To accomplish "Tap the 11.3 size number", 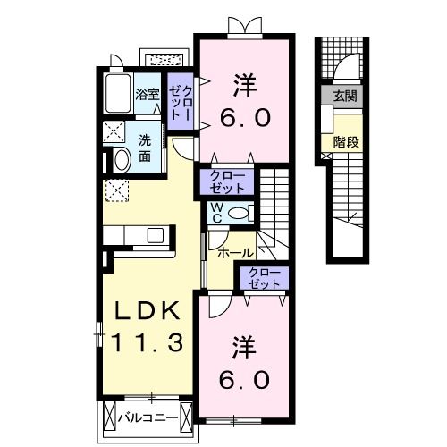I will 148,341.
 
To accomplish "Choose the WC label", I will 217,213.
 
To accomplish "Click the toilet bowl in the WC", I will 237,214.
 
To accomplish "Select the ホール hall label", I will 235,253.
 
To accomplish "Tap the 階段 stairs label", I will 346,139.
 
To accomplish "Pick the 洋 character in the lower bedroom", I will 243,344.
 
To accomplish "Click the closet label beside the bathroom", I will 183,102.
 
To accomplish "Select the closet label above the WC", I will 231,182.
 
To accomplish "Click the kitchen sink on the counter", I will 156,236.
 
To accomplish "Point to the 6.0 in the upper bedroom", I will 242,118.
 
